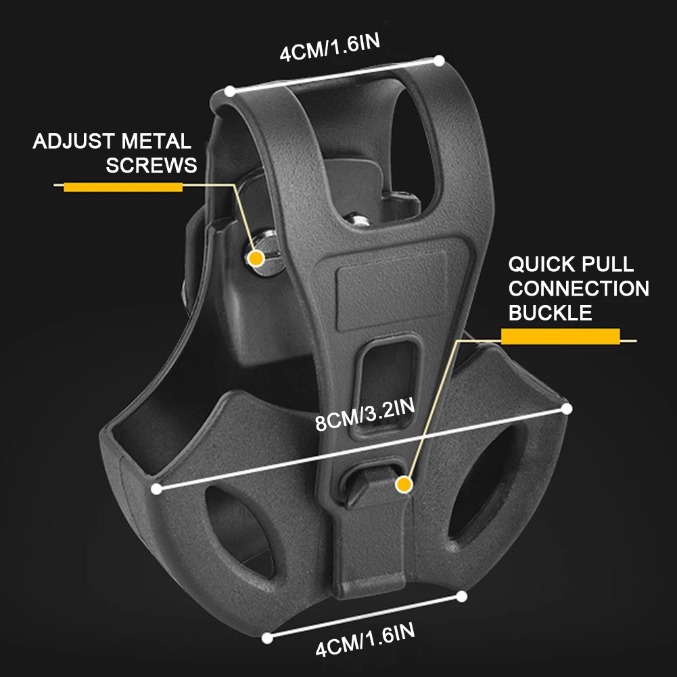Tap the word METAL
click(x=156, y=142)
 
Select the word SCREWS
click(x=151, y=165)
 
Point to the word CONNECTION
click(x=578, y=289)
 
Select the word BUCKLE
click(x=550, y=312)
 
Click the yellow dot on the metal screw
click(x=256, y=258)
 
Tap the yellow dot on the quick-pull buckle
click(x=404, y=484)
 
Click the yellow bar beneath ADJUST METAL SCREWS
click(x=122, y=186)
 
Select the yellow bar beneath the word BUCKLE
click(x=560, y=336)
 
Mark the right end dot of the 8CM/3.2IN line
click(x=567, y=408)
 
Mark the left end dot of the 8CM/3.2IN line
click(x=157, y=488)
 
